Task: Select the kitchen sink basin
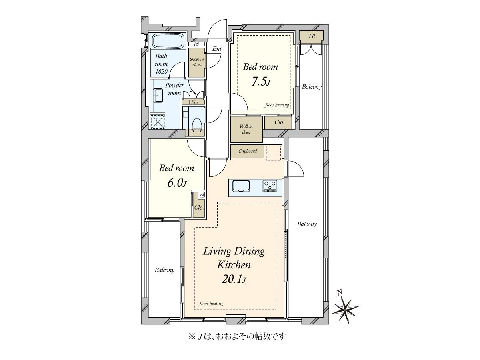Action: tap(241, 186)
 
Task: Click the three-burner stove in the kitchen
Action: tap(270, 186)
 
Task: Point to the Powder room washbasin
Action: tap(158, 95)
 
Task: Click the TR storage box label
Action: tap(312, 36)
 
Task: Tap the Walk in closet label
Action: tap(246, 129)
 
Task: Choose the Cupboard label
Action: tap(248, 151)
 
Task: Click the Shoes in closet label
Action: tap(197, 62)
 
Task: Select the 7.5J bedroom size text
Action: tap(261, 82)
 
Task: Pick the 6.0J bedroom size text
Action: tap(177, 183)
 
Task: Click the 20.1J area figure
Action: tap(234, 279)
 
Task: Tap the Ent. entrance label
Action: tap(217, 49)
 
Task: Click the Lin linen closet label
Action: tap(194, 102)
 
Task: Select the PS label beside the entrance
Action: tap(196, 44)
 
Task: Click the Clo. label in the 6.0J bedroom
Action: tap(199, 207)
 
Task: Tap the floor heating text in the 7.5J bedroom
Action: tap(277, 105)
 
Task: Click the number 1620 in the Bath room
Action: tap(161, 71)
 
